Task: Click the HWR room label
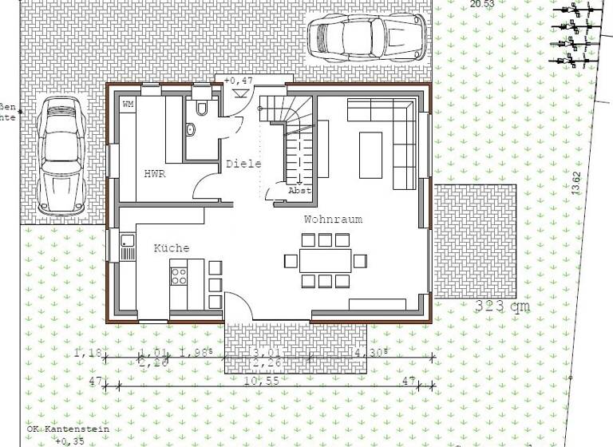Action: point(155,173)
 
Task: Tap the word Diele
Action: point(243,164)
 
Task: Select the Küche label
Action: point(172,248)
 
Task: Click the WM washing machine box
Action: point(128,105)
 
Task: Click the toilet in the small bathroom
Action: point(200,109)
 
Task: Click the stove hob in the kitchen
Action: point(179,276)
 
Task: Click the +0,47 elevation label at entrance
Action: point(238,81)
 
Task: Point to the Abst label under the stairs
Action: point(299,190)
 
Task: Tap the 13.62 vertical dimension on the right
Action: point(577,183)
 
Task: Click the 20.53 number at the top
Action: point(482,4)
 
